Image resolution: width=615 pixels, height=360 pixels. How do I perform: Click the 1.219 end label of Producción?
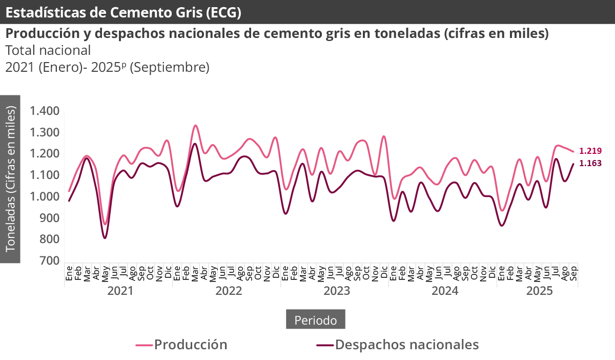590,151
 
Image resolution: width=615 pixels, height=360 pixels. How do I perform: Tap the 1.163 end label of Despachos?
590,164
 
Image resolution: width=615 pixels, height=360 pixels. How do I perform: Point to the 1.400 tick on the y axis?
45,111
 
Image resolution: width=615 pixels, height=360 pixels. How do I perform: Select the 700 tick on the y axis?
50,261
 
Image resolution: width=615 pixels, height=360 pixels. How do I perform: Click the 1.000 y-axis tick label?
45,196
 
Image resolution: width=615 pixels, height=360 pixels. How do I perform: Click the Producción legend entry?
182,344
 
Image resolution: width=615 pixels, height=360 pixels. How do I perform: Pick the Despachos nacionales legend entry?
398,344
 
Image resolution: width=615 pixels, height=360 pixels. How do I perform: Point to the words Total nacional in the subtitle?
48,50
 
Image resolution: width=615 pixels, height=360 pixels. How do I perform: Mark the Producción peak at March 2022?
195,125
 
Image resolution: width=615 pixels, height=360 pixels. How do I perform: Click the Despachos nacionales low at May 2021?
105,238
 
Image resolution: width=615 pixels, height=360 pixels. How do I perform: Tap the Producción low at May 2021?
105,224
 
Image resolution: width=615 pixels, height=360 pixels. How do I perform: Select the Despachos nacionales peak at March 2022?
195,144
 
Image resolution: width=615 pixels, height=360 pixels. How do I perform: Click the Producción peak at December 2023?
384,136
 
